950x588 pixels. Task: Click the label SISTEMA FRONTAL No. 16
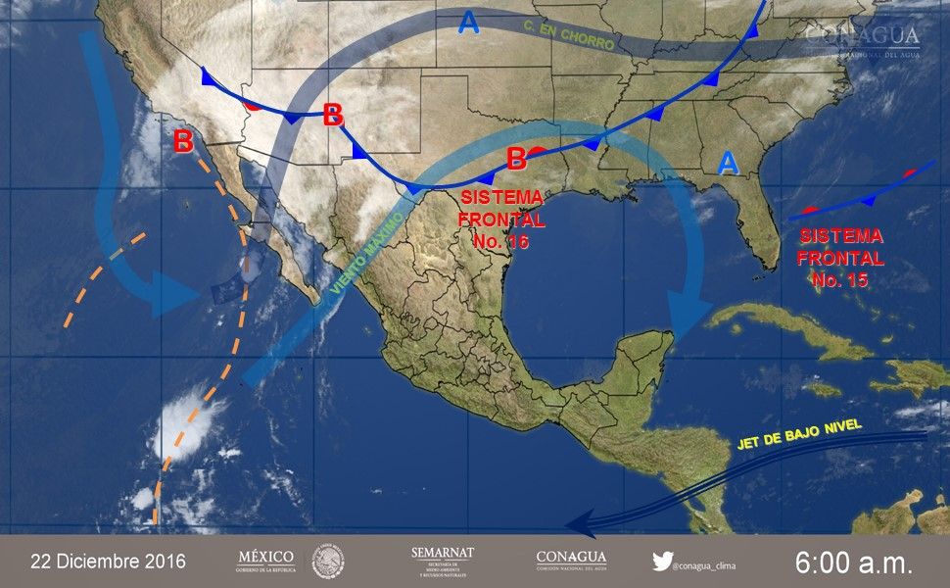pyautogui.click(x=501, y=220)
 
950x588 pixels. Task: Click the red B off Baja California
pyautogui.click(x=183, y=141)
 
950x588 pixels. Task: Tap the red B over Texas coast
pyautogui.click(x=516, y=158)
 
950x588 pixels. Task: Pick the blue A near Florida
pyautogui.click(x=728, y=163)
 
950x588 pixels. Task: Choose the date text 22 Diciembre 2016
pyautogui.click(x=108, y=562)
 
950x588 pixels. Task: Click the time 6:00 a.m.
pyautogui.click(x=853, y=563)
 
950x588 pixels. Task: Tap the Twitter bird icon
pyautogui.click(x=662, y=562)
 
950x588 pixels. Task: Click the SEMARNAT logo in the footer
pyautogui.click(x=443, y=562)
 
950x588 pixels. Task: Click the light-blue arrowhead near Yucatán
pyautogui.click(x=686, y=321)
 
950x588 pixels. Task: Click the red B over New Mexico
pyautogui.click(x=333, y=115)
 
